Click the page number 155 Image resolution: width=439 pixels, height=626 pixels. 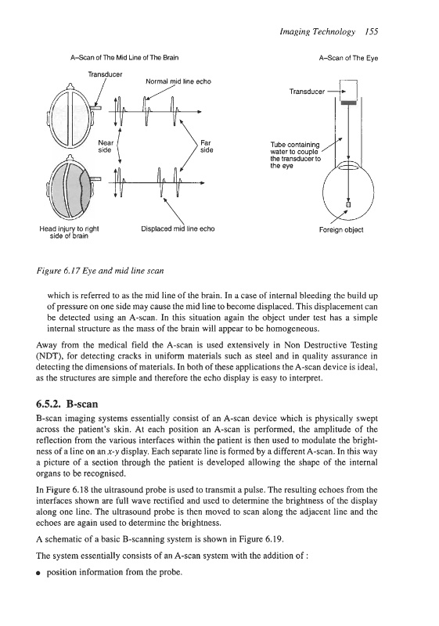371,32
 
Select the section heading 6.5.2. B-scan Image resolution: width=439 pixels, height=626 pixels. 67,404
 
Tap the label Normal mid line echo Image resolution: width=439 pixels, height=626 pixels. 178,81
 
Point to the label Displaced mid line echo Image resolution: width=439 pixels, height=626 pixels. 178,228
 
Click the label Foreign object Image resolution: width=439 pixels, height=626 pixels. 341,230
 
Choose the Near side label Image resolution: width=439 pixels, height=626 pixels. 106,146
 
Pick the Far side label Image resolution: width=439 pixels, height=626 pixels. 207,146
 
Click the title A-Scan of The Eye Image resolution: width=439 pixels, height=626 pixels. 348,58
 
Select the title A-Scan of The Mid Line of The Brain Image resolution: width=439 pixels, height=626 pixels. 124,57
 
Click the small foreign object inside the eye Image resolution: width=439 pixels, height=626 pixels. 348,204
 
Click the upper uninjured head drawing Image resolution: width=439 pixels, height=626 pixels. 72,116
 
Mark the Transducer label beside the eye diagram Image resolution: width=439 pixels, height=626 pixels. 307,92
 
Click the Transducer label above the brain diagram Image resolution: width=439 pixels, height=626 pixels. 105,74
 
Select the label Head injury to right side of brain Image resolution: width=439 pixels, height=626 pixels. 69,232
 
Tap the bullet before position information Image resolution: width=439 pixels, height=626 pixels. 38,573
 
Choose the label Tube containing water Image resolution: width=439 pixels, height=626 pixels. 295,155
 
